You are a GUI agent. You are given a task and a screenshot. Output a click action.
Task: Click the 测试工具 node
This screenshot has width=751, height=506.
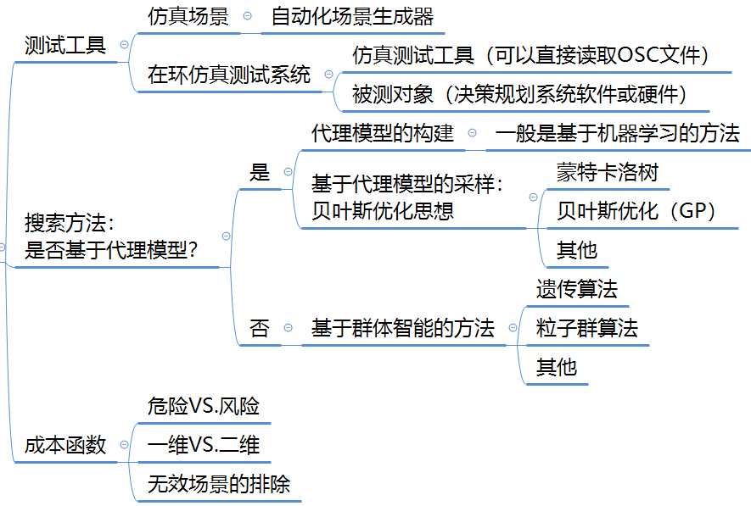65,45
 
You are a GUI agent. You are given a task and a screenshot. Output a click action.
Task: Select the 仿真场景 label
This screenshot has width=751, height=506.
188,17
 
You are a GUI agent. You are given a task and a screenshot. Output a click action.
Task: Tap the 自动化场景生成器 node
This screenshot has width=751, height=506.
352,17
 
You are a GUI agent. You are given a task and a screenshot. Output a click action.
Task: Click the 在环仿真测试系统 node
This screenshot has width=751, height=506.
228,75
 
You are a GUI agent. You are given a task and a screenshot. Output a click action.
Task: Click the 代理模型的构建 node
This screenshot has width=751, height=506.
383,133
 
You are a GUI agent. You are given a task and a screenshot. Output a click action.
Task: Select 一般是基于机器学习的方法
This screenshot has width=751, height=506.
617,133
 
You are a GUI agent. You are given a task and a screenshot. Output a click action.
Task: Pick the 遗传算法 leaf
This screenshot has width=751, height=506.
576,289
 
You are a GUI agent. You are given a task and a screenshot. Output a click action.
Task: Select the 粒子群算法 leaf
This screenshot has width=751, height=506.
586,328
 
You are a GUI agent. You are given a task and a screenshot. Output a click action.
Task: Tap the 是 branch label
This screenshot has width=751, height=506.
259,173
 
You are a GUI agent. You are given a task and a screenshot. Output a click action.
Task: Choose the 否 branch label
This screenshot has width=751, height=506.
259,328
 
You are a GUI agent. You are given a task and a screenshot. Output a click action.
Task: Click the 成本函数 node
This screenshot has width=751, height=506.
65,445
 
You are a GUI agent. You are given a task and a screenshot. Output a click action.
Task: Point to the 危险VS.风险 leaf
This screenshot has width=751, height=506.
203,407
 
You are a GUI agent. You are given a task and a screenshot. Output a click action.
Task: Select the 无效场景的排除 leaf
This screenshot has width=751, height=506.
218,484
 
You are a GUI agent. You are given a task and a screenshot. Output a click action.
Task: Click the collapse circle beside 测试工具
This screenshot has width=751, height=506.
125,45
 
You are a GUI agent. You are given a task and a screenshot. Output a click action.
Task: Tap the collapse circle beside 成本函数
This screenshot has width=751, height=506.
125,445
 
